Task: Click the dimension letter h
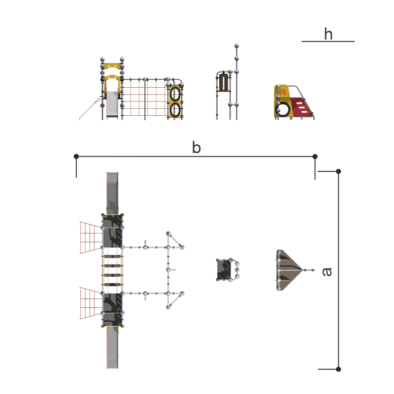[328, 34]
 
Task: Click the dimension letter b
[196, 148]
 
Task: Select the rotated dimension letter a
[327, 271]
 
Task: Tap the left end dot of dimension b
[76, 157]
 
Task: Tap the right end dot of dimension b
[315, 157]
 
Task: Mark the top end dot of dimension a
[338, 171]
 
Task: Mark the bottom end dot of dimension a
[338, 369]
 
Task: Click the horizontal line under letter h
[328, 41]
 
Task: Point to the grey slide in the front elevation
[112, 104]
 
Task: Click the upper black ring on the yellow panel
[175, 93]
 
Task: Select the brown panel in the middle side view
[224, 83]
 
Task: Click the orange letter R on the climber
[283, 92]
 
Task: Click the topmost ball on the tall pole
[237, 46]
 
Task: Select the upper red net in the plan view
[90, 237]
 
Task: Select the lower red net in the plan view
[90, 303]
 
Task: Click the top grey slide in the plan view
[113, 192]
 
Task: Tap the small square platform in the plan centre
[225, 270]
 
